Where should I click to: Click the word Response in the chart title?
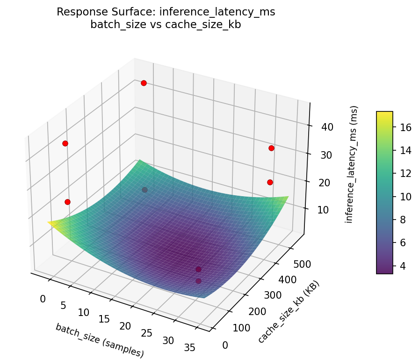coord(77,12)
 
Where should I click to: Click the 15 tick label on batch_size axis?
coord(104,319)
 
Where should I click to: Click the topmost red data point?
coord(144,83)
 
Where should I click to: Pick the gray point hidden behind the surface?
coord(144,190)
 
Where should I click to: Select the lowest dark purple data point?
coord(198,281)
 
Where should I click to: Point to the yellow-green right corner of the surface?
coord(286,198)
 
